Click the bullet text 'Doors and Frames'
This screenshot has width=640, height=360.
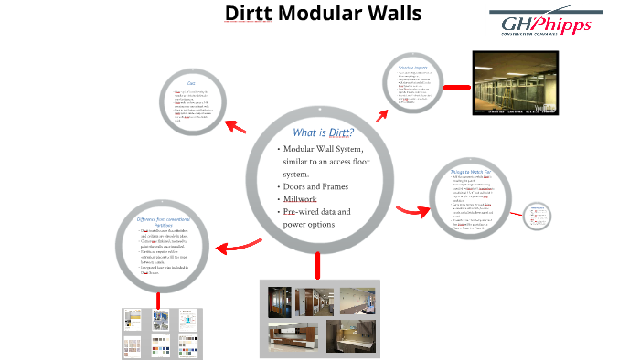[x=315, y=186]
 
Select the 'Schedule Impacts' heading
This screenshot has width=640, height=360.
[x=414, y=69]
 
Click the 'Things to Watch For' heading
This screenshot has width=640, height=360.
[x=472, y=172]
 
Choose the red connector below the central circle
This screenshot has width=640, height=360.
[x=318, y=265]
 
